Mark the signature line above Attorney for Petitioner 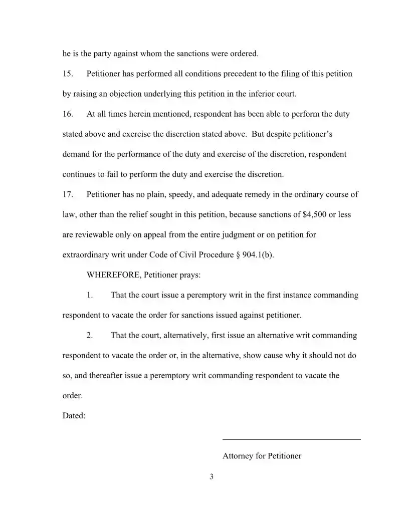[x=291, y=439]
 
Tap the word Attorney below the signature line [x=239, y=456]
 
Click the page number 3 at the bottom [x=212, y=476]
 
